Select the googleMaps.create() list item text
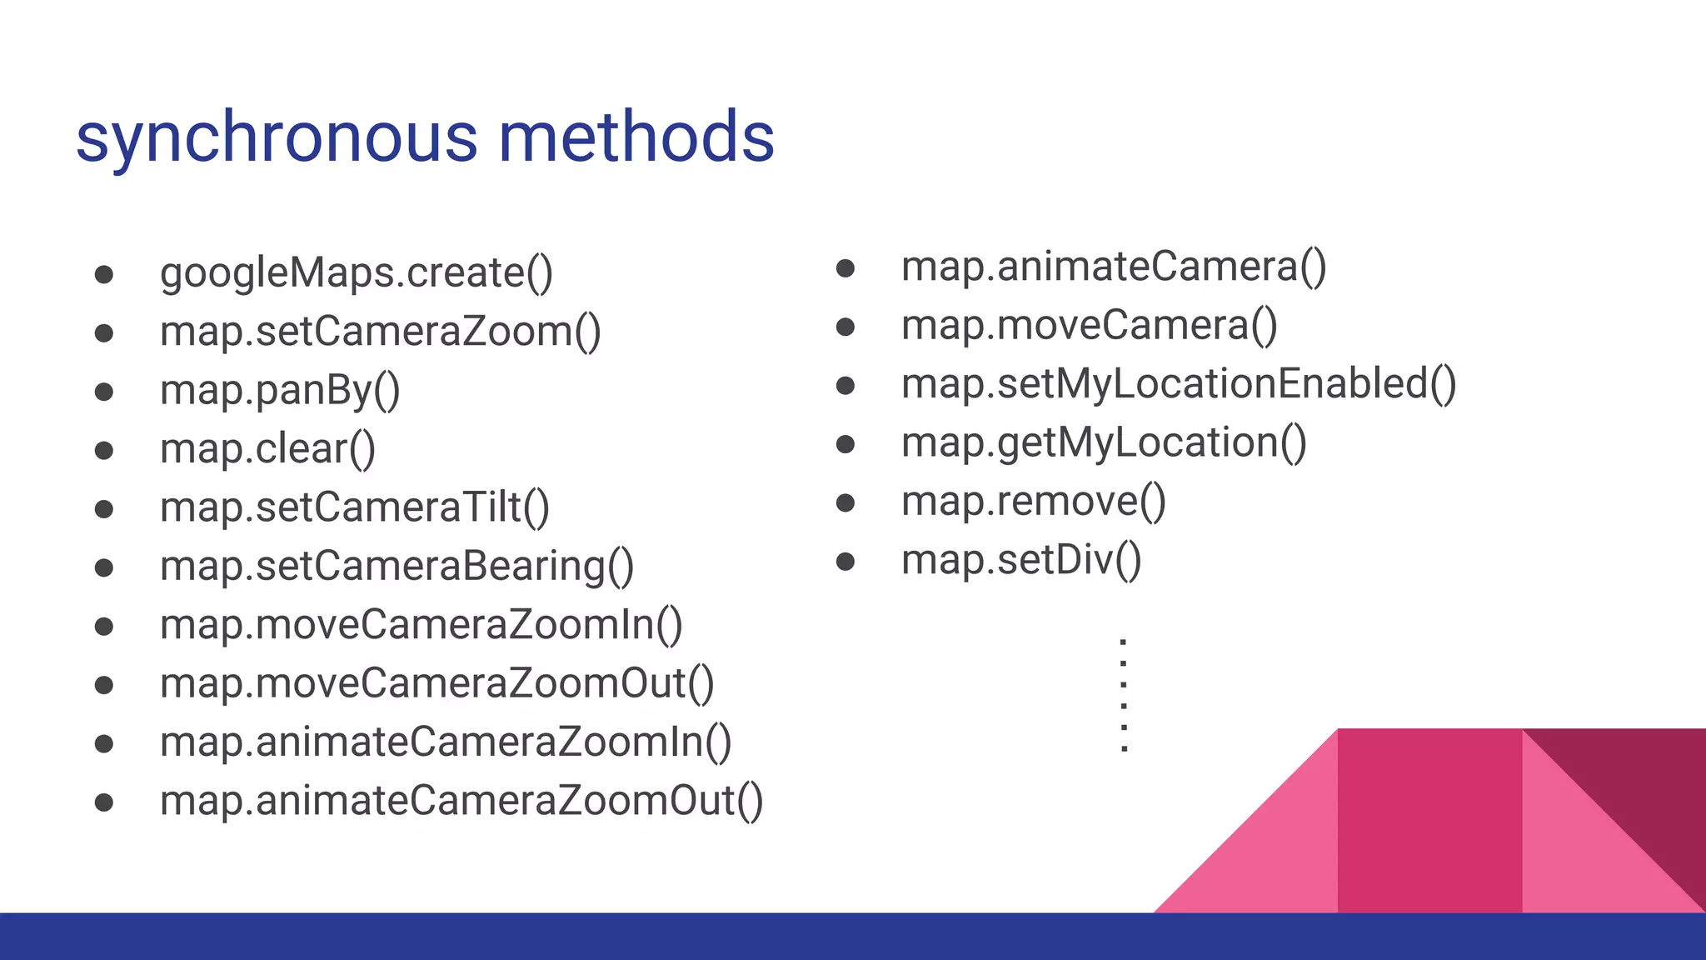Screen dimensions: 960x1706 [x=356, y=273]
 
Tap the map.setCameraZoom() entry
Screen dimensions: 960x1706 [x=380, y=332]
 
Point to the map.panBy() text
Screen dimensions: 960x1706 [x=280, y=391]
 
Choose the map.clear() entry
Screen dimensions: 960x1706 [x=267, y=449]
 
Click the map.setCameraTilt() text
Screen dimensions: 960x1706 [x=354, y=507]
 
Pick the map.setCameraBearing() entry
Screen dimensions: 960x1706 [x=397, y=567]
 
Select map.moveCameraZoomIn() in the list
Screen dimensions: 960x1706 [x=421, y=625]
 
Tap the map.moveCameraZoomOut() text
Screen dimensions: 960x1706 [x=436, y=684]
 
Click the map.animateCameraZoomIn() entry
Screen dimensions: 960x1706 [x=446, y=742]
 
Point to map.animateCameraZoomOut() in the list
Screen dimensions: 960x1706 [x=461, y=801]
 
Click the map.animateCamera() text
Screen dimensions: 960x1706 [x=1114, y=267]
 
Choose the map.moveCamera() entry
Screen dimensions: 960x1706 [x=1089, y=326]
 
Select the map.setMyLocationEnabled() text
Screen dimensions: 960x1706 [x=1179, y=385]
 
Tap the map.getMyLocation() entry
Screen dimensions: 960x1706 [x=1104, y=443]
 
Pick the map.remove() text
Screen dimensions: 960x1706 [x=1033, y=502]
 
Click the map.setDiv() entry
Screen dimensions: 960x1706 [x=1021, y=560]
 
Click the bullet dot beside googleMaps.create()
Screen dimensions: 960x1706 [x=104, y=275]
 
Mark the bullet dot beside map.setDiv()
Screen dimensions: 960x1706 [x=846, y=562]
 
